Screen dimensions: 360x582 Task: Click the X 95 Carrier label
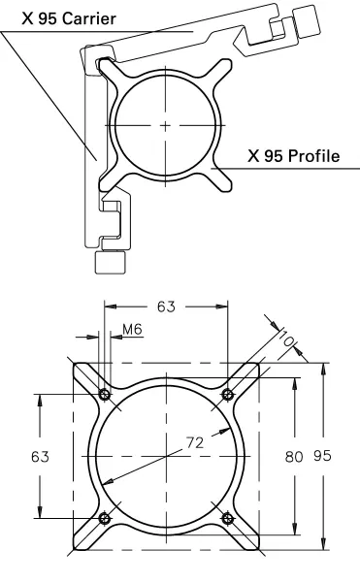tap(69, 18)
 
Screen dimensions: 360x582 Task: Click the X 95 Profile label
tap(294, 156)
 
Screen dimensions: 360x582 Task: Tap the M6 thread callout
tap(133, 329)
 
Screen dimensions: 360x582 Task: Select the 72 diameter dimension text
tap(195, 442)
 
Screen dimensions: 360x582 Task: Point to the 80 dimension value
tap(294, 456)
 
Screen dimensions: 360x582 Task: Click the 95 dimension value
tap(322, 456)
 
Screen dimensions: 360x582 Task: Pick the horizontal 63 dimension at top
tap(166, 307)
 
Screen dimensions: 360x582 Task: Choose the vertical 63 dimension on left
tap(40, 456)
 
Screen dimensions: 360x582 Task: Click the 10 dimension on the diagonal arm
tap(286, 338)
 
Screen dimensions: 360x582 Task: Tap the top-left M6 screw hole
tap(105, 394)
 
